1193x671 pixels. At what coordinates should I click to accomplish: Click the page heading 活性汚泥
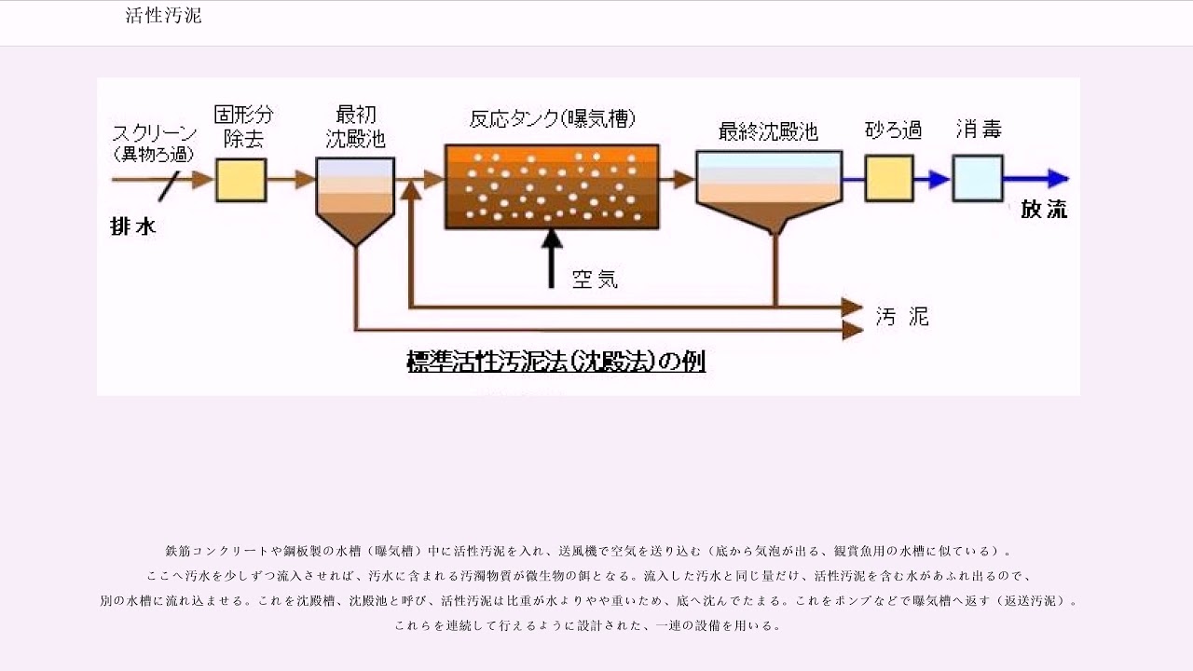pyautogui.click(x=163, y=16)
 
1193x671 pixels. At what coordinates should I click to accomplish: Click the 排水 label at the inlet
pyautogui.click(x=133, y=226)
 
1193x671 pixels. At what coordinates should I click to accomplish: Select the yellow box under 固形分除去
pyautogui.click(x=240, y=180)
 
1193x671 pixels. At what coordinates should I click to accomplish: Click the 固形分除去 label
pyautogui.click(x=243, y=127)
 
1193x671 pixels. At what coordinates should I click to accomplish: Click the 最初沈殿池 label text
pyautogui.click(x=355, y=127)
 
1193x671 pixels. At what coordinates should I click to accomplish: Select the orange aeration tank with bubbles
pyautogui.click(x=552, y=186)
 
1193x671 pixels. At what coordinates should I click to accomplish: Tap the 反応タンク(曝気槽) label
pyautogui.click(x=553, y=119)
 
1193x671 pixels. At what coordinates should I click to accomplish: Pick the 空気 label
pyautogui.click(x=595, y=279)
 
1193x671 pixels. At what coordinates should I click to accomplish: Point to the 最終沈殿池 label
pyautogui.click(x=768, y=132)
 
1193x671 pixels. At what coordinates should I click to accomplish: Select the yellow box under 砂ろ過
pyautogui.click(x=888, y=178)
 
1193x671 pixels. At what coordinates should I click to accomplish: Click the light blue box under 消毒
pyautogui.click(x=977, y=178)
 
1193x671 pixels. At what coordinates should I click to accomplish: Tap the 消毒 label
pyautogui.click(x=979, y=130)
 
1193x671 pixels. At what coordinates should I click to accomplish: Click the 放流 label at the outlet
pyautogui.click(x=1044, y=210)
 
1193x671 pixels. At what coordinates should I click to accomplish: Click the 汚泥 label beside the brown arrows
pyautogui.click(x=902, y=317)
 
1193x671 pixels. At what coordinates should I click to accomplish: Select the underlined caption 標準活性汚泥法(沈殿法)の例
pyautogui.click(x=555, y=362)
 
